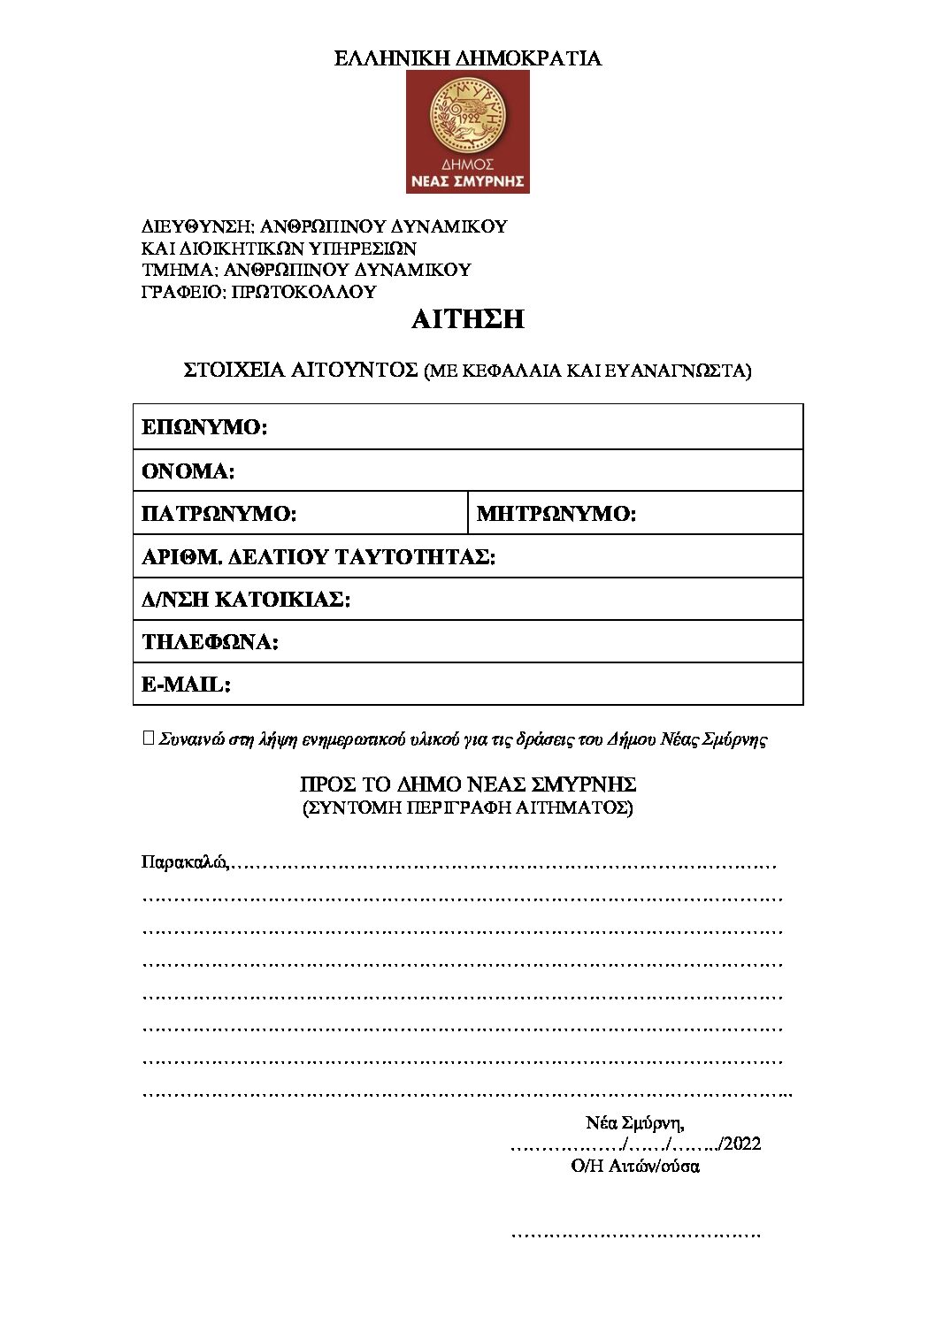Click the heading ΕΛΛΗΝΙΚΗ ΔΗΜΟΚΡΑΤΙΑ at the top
[467, 58]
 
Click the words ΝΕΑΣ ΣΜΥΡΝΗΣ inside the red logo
[467, 182]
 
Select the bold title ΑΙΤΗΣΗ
[467, 319]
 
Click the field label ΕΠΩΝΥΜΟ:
[204, 428]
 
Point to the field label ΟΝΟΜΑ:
[188, 471]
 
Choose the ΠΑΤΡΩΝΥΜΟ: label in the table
[219, 514]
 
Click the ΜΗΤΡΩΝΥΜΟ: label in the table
[556, 514]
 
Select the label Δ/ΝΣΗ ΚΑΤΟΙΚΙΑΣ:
[246, 600]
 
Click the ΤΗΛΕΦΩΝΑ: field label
[210, 642]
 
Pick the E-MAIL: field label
[186, 685]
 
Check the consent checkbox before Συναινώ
[149, 738]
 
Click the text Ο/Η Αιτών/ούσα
[635, 1166]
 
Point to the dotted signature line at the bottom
[635, 1233]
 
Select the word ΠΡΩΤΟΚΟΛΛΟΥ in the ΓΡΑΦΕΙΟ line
[303, 292]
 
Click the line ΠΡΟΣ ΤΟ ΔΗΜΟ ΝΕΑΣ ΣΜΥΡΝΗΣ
[467, 784]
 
